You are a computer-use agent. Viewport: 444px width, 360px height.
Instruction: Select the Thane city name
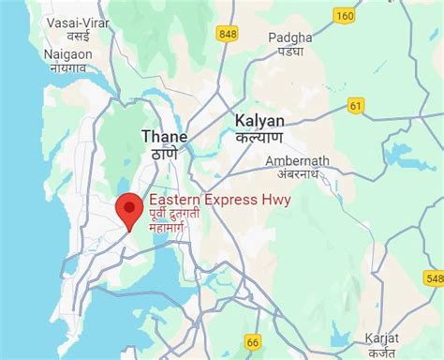[164, 136]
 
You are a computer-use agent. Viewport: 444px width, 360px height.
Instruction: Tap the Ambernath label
[298, 160]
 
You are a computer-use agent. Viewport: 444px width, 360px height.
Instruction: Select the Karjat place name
[382, 337]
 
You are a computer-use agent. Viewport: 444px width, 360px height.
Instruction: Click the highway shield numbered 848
[227, 35]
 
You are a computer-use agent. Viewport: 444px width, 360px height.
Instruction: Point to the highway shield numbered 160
[345, 15]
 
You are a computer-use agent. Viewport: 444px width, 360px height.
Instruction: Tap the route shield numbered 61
[356, 105]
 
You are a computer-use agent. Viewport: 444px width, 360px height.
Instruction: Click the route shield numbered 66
[253, 343]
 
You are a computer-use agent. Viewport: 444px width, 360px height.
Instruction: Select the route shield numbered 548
[434, 277]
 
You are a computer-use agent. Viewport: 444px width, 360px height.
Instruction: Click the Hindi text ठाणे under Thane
[164, 154]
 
